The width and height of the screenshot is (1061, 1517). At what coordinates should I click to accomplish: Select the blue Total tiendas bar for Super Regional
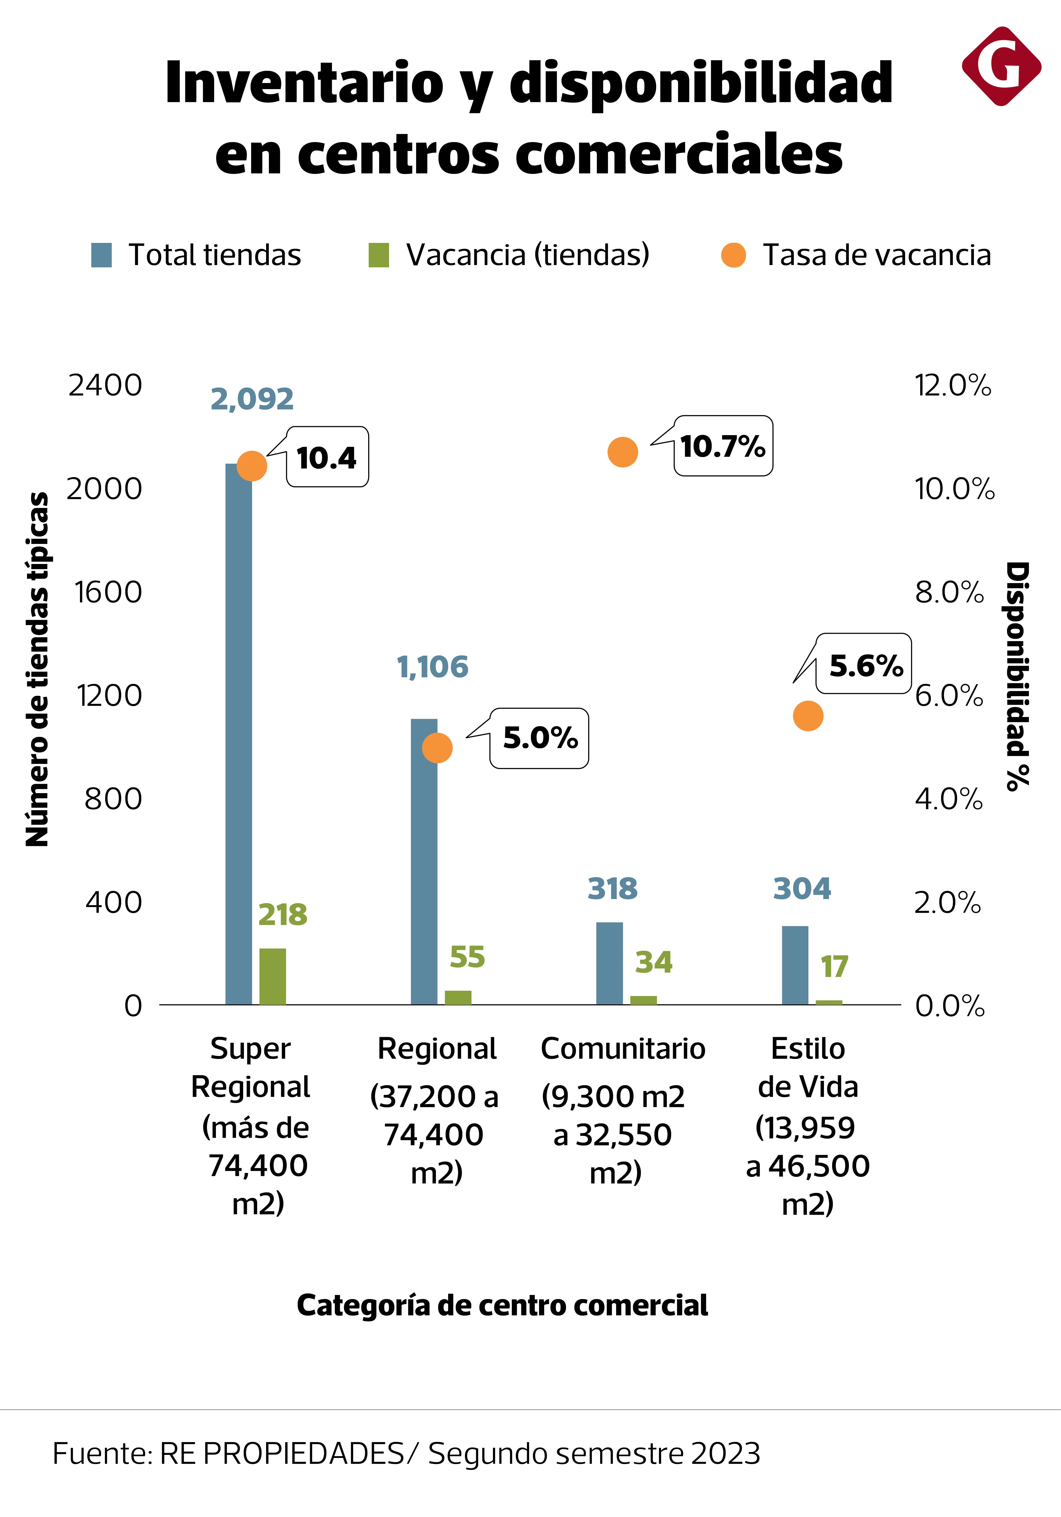pyautogui.click(x=239, y=733)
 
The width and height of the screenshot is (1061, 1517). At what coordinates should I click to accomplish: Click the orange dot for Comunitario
pyautogui.click(x=622, y=452)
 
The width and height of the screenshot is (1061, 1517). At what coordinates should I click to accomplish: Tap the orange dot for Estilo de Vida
pyautogui.click(x=808, y=715)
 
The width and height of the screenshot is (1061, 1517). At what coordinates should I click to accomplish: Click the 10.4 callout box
pyautogui.click(x=327, y=457)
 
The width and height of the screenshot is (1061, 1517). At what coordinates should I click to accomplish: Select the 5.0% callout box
pyautogui.click(x=539, y=738)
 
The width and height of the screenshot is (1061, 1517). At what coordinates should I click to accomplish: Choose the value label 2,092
pyautogui.click(x=252, y=399)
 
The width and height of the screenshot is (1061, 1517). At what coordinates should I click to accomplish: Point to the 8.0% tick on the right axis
pyautogui.click(x=949, y=592)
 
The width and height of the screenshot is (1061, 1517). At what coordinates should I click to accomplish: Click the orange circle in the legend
pyautogui.click(x=733, y=255)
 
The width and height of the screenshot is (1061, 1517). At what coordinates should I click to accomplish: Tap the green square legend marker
pyautogui.click(x=379, y=255)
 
